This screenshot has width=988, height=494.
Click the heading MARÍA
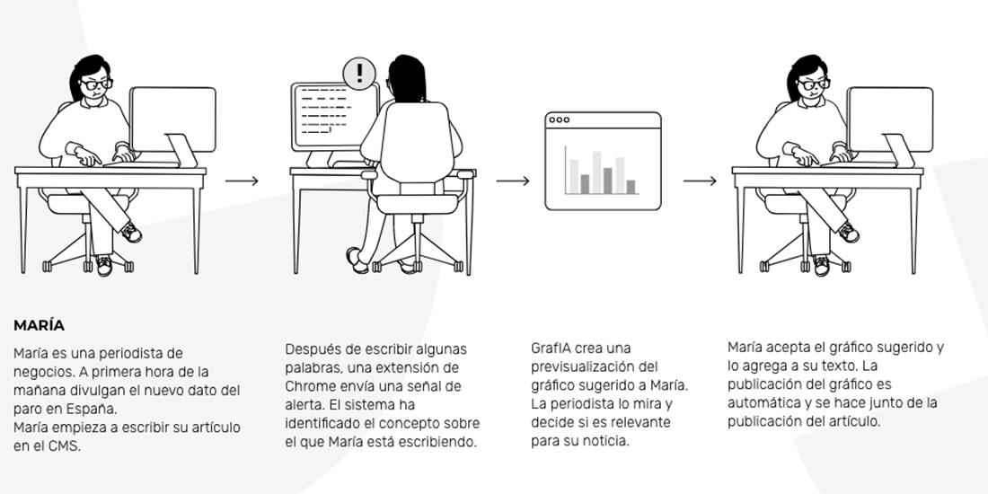click(39, 325)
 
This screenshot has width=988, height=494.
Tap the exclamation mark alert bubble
click(359, 74)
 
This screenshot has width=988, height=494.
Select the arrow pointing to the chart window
click(513, 181)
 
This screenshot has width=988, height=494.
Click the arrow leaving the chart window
click(700, 181)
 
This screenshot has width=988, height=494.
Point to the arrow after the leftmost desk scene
click(242, 181)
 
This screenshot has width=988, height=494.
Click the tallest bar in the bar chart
click(596, 172)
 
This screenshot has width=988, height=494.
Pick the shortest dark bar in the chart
click(631, 187)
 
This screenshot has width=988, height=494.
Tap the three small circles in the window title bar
click(559, 119)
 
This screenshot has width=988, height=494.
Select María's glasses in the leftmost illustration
click(97, 84)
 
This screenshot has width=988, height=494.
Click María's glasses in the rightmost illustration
click(814, 84)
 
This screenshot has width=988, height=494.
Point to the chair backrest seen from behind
click(417, 141)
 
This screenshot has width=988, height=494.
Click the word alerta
click(304, 404)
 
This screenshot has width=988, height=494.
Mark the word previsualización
click(579, 366)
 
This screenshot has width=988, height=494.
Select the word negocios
click(40, 372)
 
